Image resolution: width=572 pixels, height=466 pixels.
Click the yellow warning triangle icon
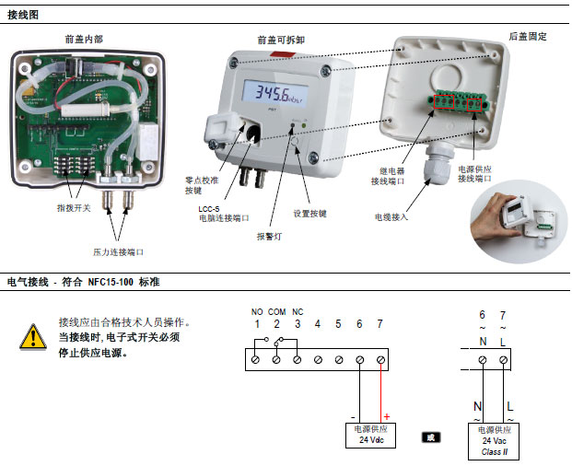pyautogui.click(x=33, y=336)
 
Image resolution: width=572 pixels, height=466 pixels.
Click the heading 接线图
pyautogui.click(x=23, y=15)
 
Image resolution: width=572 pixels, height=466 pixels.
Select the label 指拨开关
pyautogui.click(x=74, y=208)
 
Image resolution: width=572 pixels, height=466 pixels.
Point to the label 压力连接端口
pyautogui.click(x=118, y=251)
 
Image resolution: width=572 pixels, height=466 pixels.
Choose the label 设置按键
pyautogui.click(x=311, y=213)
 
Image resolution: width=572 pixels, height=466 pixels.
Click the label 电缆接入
pyautogui.click(x=391, y=217)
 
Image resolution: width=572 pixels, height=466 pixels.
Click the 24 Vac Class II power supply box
pyautogui.click(x=494, y=440)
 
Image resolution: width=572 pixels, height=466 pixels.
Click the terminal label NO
pyautogui.click(x=256, y=311)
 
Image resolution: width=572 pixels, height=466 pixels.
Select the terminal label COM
pyautogui.click(x=276, y=311)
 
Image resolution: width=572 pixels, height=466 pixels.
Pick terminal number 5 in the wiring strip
pyautogui.click(x=338, y=324)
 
